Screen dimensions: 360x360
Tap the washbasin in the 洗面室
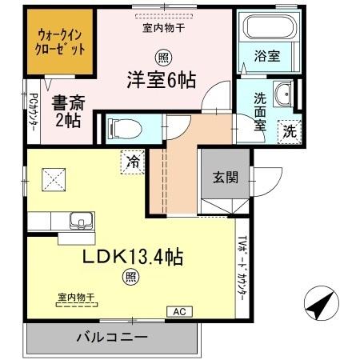[283, 97]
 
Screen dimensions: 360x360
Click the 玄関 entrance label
[225, 178]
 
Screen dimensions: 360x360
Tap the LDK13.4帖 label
[135, 257]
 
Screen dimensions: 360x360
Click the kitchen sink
[81, 219]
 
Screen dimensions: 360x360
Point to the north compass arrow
[319, 306]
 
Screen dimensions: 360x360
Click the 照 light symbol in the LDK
[129, 278]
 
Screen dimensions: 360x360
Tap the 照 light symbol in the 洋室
[162, 58]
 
